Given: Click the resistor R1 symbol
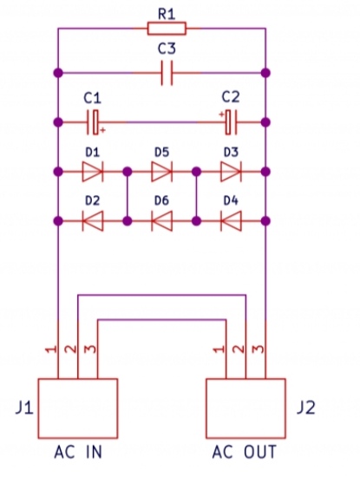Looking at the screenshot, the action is click(167, 29).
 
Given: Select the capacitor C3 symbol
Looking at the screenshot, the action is click(167, 73).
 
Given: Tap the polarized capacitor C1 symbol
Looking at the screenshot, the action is click(93, 122).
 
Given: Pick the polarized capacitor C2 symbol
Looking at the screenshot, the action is click(231, 122).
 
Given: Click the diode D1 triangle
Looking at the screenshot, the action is click(93, 172).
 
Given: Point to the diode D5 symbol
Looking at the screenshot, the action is click(161, 172).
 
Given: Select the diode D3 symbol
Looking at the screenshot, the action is click(231, 172).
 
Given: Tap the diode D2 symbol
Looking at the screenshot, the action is click(93, 221).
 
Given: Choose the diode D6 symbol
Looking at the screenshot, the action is click(161, 221).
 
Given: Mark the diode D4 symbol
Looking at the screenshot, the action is click(231, 221).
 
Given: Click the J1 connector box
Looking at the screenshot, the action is click(78, 408).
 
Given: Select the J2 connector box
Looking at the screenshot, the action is click(245, 408).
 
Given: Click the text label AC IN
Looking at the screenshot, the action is click(78, 452).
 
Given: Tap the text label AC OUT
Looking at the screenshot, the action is click(245, 452).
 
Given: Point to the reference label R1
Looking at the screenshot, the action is click(167, 14).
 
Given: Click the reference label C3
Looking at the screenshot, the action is click(167, 49).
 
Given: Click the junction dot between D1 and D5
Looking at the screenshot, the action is click(128, 172).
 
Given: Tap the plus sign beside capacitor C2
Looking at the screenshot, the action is click(222, 114).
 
